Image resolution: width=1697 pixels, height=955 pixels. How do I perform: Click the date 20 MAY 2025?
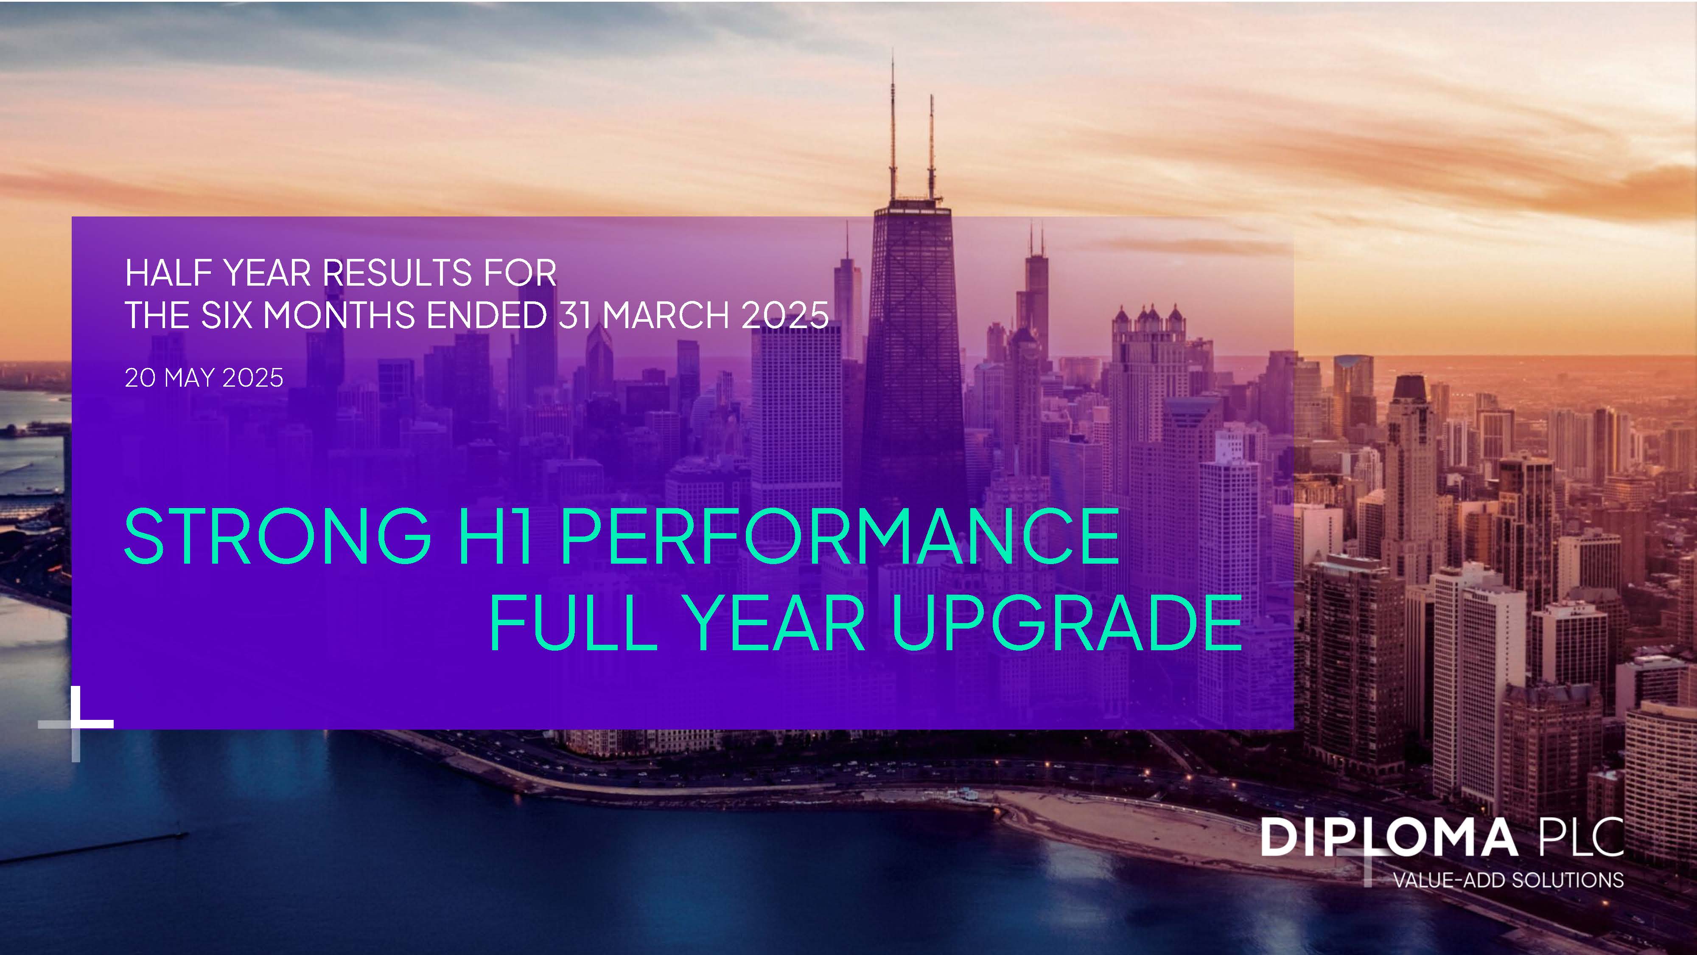click(204, 378)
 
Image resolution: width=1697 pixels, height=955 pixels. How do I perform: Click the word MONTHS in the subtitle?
click(339, 315)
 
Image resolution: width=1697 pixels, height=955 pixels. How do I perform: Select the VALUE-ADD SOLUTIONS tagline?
click(1508, 880)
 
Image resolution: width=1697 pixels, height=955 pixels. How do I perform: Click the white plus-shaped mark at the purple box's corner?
click(76, 724)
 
